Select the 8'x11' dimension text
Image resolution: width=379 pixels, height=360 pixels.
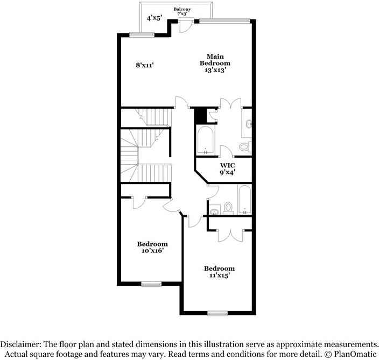click(145, 65)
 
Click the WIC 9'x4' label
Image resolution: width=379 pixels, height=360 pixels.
click(227, 169)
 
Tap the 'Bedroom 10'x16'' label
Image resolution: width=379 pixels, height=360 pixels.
click(152, 247)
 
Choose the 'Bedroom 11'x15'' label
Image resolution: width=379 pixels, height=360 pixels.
click(219, 272)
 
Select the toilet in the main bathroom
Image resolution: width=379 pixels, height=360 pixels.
click(245, 146)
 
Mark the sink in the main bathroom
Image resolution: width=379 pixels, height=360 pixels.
click(248, 124)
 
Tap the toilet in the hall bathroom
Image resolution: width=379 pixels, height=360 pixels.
click(228, 208)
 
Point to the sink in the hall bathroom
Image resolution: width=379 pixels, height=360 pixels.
click(213, 210)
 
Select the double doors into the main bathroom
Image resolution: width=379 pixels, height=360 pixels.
click(230, 104)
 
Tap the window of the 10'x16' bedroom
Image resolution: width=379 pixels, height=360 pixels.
click(151, 283)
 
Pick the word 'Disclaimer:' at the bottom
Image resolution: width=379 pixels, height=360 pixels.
click(25, 344)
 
